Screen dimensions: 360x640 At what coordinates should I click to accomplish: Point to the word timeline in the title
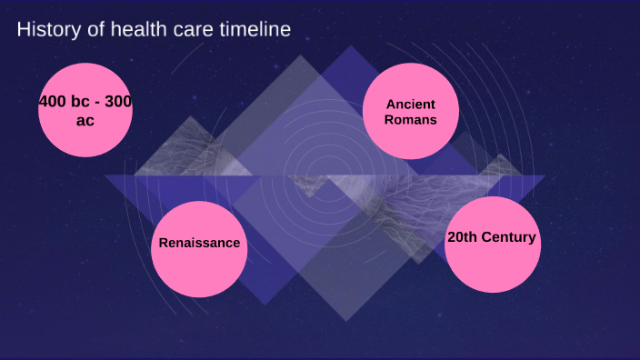coord(256,30)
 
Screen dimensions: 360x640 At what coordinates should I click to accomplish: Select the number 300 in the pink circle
coord(118,102)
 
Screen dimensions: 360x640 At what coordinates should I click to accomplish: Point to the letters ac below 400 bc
coord(85,120)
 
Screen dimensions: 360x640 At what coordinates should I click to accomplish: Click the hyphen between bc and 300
coord(100,103)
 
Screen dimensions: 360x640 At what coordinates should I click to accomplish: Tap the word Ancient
coord(410,104)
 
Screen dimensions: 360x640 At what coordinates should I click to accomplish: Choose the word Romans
coord(410,119)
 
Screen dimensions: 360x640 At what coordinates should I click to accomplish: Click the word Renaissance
coord(199,243)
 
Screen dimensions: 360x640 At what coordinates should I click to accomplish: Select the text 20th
coord(463,237)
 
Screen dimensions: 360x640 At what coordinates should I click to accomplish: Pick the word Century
coord(508,237)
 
